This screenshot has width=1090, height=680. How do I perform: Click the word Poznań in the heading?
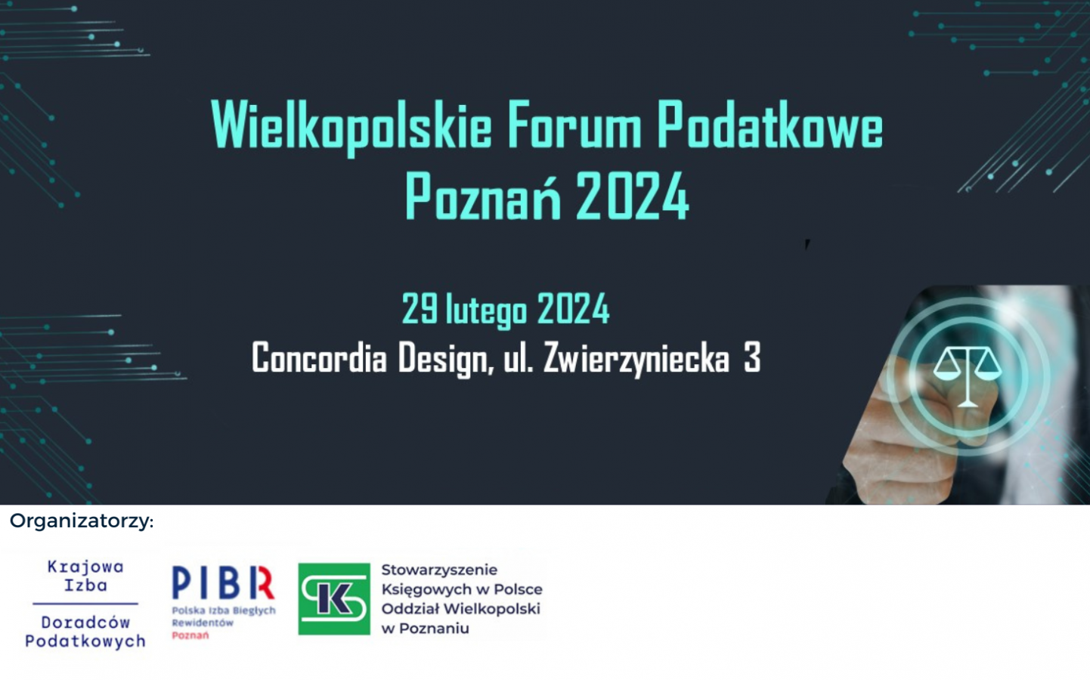click(482, 196)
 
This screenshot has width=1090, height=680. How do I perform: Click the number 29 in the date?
click(420, 308)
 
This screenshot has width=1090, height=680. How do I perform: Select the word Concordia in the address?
click(319, 357)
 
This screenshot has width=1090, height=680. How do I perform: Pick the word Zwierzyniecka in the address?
click(636, 358)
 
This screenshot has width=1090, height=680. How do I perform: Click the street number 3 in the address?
click(752, 357)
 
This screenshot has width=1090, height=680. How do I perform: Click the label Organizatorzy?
click(82, 521)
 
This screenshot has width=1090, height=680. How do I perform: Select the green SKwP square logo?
click(334, 598)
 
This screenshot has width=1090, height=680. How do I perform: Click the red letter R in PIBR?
click(262, 583)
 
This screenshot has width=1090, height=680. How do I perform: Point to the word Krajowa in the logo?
click(85, 567)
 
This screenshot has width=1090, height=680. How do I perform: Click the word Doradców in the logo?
click(85, 622)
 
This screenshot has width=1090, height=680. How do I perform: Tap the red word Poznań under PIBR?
click(190, 635)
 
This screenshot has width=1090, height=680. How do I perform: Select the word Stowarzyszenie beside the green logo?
click(439, 570)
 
